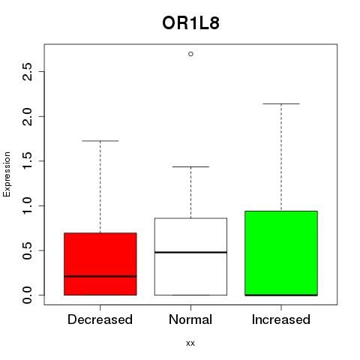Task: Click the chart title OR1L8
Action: (x=190, y=23)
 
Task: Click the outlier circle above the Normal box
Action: (x=190, y=54)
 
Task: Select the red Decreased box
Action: (x=100, y=264)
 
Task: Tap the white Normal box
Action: (x=190, y=256)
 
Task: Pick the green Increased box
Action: (x=281, y=253)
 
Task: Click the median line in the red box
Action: (x=100, y=276)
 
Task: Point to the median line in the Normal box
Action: (x=190, y=252)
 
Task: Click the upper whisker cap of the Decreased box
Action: (x=100, y=141)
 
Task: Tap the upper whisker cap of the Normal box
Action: (x=190, y=166)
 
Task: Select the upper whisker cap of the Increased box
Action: (x=281, y=103)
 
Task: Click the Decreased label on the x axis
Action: (x=100, y=319)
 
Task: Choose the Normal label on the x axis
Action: (x=190, y=319)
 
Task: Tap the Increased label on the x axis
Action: (x=281, y=319)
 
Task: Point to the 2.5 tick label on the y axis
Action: (x=27, y=72)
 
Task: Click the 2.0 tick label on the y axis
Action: (x=27, y=116)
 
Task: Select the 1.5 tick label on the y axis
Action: (x=27, y=161)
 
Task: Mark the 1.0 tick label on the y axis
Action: (x=27, y=205)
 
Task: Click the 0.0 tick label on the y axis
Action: (x=27, y=295)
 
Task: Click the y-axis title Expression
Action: (x=7, y=174)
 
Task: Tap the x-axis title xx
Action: (x=190, y=343)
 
